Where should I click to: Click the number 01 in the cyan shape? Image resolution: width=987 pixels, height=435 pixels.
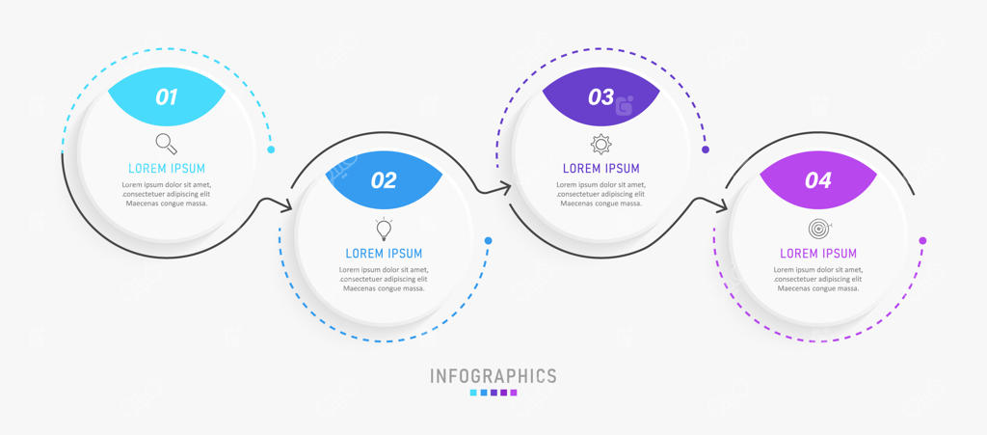(167, 96)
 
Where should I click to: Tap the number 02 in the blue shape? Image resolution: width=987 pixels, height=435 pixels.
(384, 180)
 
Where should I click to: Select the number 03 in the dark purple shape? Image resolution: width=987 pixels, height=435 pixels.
(600, 96)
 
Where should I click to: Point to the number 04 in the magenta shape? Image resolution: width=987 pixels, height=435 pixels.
(817, 180)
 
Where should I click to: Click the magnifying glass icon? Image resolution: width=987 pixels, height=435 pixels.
(167, 144)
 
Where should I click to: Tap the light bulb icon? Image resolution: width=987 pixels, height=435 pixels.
(384, 230)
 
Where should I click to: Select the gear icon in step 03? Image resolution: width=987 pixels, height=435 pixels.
(600, 145)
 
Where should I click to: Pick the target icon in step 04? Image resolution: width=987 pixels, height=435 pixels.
(818, 230)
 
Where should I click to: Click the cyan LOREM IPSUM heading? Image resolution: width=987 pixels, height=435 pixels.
(167, 168)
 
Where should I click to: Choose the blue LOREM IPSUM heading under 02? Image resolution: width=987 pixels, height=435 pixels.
(384, 253)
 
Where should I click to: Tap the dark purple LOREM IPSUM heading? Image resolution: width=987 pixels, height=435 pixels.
(600, 168)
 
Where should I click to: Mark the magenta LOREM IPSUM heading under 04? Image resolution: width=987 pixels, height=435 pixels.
(817, 253)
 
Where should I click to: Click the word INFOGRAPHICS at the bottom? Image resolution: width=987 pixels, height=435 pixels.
(493, 376)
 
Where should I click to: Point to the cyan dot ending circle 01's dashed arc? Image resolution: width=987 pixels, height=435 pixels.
(271, 150)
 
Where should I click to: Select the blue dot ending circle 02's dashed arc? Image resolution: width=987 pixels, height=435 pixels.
(489, 240)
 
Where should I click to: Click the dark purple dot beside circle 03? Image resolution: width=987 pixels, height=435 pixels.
(706, 150)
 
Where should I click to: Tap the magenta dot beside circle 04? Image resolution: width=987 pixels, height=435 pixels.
(922, 240)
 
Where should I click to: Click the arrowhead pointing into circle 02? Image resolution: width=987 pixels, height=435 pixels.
(286, 205)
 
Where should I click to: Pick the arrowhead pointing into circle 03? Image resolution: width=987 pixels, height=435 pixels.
(505, 188)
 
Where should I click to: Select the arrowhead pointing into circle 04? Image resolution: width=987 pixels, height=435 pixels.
(722, 204)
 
